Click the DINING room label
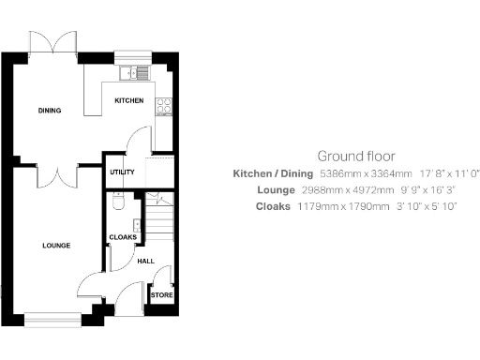[x=50, y=111]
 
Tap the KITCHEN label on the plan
[x=128, y=100]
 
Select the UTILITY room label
[x=121, y=172]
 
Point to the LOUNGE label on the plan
[x=56, y=246]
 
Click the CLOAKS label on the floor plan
[x=123, y=237]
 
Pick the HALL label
[x=145, y=262]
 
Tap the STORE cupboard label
[x=161, y=296]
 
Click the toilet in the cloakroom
[x=116, y=202]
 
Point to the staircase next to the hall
[x=161, y=221]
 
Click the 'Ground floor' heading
[x=355, y=156]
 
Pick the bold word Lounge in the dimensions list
[x=276, y=189]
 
